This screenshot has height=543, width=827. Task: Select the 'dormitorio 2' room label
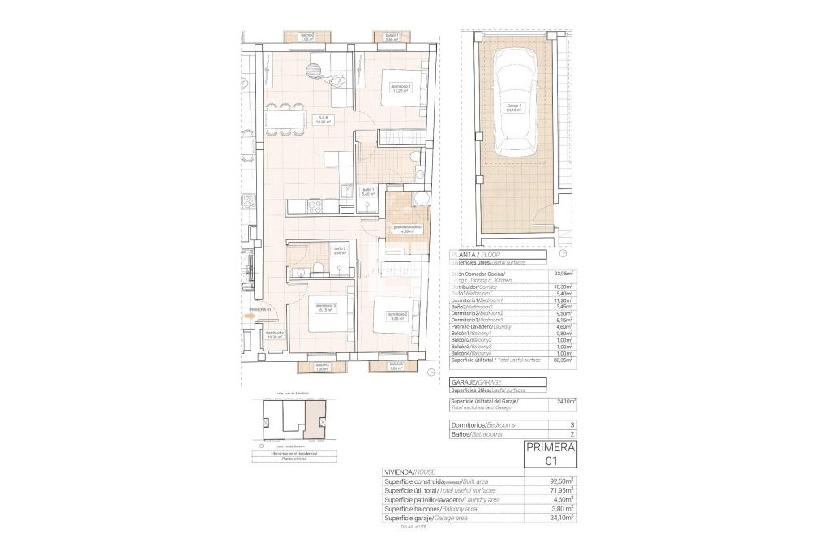[396, 316]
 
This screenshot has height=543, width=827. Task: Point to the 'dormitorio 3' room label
[327, 307]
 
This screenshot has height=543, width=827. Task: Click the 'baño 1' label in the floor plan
[367, 192]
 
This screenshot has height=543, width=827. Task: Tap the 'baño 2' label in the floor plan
[339, 250]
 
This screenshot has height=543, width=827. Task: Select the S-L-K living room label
[323, 119]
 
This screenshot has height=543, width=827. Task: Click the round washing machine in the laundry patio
[420, 201]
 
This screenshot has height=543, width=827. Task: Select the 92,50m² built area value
[561, 481]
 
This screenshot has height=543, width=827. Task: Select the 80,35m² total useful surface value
[561, 360]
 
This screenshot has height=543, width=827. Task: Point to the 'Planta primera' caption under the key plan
[294, 459]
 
